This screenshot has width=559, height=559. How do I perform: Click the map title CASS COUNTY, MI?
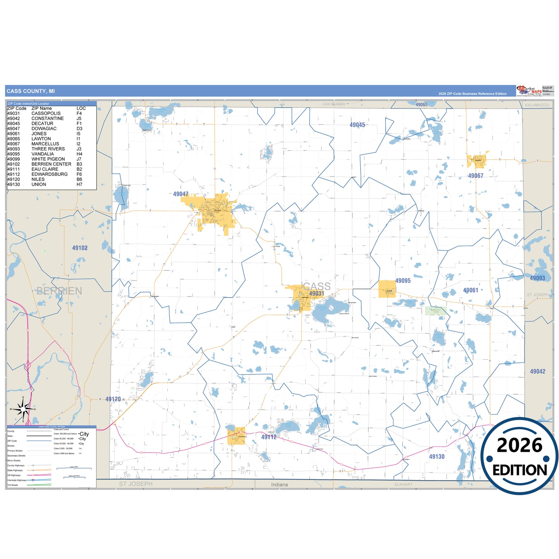coord(31,91)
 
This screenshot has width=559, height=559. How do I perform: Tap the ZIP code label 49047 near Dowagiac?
coord(181,194)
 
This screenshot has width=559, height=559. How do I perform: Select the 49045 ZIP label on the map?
coord(357,125)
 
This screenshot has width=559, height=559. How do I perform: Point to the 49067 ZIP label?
coord(475,176)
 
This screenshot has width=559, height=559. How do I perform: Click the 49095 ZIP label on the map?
coord(403,281)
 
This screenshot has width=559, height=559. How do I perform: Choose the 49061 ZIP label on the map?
coord(470,290)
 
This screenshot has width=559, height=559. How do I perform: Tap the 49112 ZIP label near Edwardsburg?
coord(269,437)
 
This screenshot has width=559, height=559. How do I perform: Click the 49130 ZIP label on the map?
coord(437,456)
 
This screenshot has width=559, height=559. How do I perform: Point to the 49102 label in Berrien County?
coord(80,248)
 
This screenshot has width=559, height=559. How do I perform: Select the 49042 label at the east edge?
coord(537,371)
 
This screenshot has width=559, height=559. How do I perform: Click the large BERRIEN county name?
coord(59,291)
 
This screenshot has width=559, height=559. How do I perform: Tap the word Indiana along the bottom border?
coord(279,485)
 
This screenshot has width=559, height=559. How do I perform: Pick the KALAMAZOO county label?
coord(537,105)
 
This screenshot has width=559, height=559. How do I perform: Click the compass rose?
coord(23,409)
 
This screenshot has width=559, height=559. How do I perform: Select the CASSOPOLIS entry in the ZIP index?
coord(46,113)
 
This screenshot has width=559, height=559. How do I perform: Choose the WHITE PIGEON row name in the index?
coord(48,159)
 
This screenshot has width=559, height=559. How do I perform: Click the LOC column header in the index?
coord(81,108)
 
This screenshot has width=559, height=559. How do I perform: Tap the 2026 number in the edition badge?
coord(520,445)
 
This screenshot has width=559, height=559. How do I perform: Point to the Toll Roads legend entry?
coord(13,485)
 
